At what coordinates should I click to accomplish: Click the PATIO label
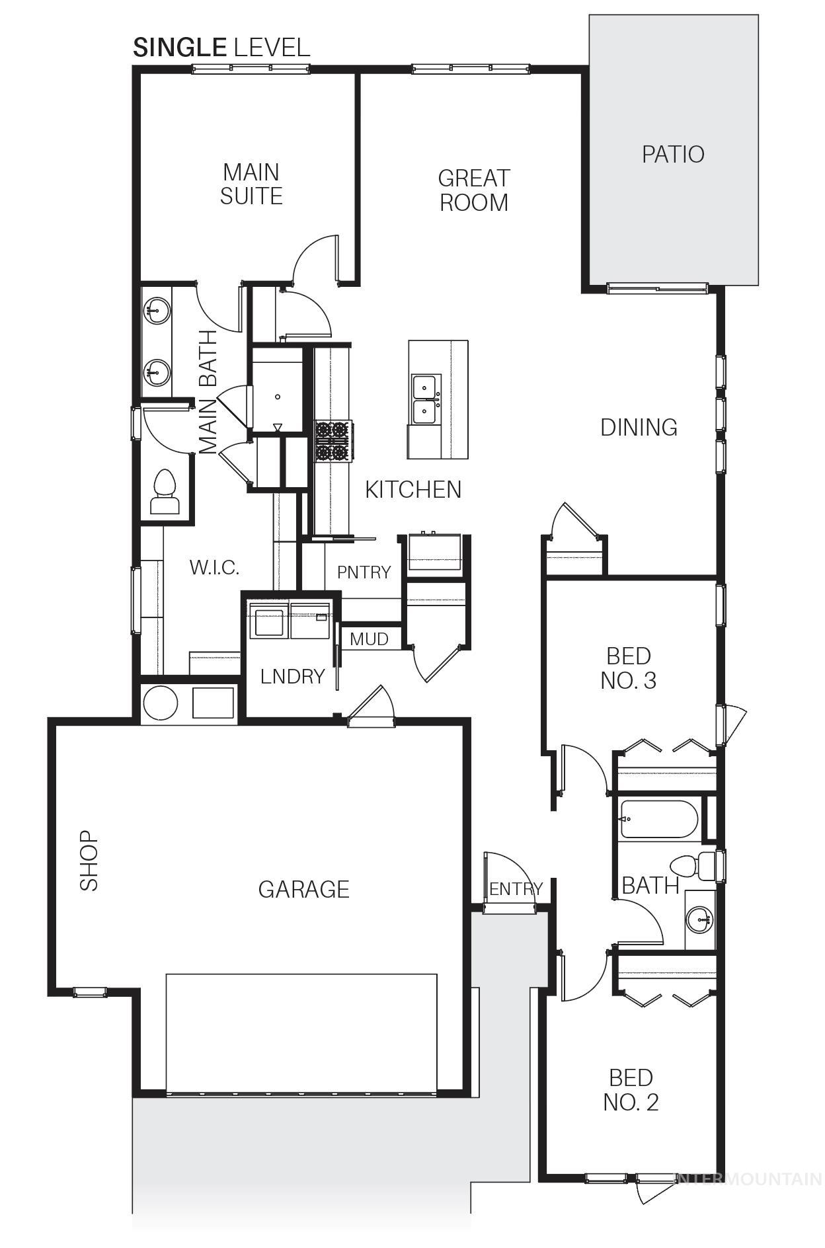point(672,154)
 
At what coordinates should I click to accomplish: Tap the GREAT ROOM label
point(473,190)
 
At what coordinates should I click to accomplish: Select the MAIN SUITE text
point(251,184)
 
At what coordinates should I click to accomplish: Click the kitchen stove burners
point(333,441)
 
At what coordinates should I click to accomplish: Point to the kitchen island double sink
point(424,399)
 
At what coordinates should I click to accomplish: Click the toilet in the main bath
point(164,492)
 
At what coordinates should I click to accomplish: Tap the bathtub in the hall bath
point(658,820)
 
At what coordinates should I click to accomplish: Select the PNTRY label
point(364,572)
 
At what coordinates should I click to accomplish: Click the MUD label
point(369,639)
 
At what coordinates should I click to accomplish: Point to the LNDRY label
point(292,676)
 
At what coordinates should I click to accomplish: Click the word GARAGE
point(303,890)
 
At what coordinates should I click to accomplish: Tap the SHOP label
point(89,861)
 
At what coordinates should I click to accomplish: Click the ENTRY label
point(516,889)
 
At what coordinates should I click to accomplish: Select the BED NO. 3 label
point(629,668)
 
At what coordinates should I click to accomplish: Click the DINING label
point(639,428)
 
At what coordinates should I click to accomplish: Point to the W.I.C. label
point(214,567)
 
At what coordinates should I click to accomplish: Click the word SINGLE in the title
point(179,48)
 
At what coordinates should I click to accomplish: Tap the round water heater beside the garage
point(161,702)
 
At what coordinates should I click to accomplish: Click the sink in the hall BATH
point(700,919)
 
